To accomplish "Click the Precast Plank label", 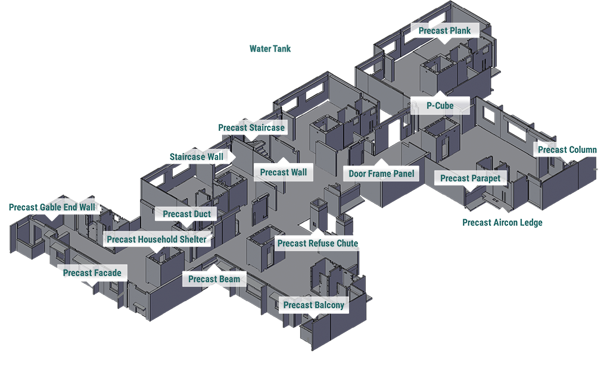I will click(444, 30).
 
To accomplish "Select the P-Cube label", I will click(440, 105).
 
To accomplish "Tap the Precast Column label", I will click(567, 149).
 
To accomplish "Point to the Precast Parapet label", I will click(470, 178).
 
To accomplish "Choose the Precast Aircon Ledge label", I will click(502, 223).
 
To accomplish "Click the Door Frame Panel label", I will click(381, 174).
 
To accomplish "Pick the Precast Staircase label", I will click(251, 127).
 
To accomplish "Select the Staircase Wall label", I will click(197, 157).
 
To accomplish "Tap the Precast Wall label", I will click(284, 172).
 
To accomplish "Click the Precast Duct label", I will click(186, 214).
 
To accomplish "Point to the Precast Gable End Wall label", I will click(52, 207).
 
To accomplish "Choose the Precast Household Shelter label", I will click(157, 239).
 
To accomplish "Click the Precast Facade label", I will click(92, 273).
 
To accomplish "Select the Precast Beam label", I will click(214, 279).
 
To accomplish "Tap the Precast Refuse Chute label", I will click(318, 243).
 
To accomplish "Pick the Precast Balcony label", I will click(313, 305).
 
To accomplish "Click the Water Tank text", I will click(270, 49).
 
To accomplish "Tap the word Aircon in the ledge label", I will click(507, 223).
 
